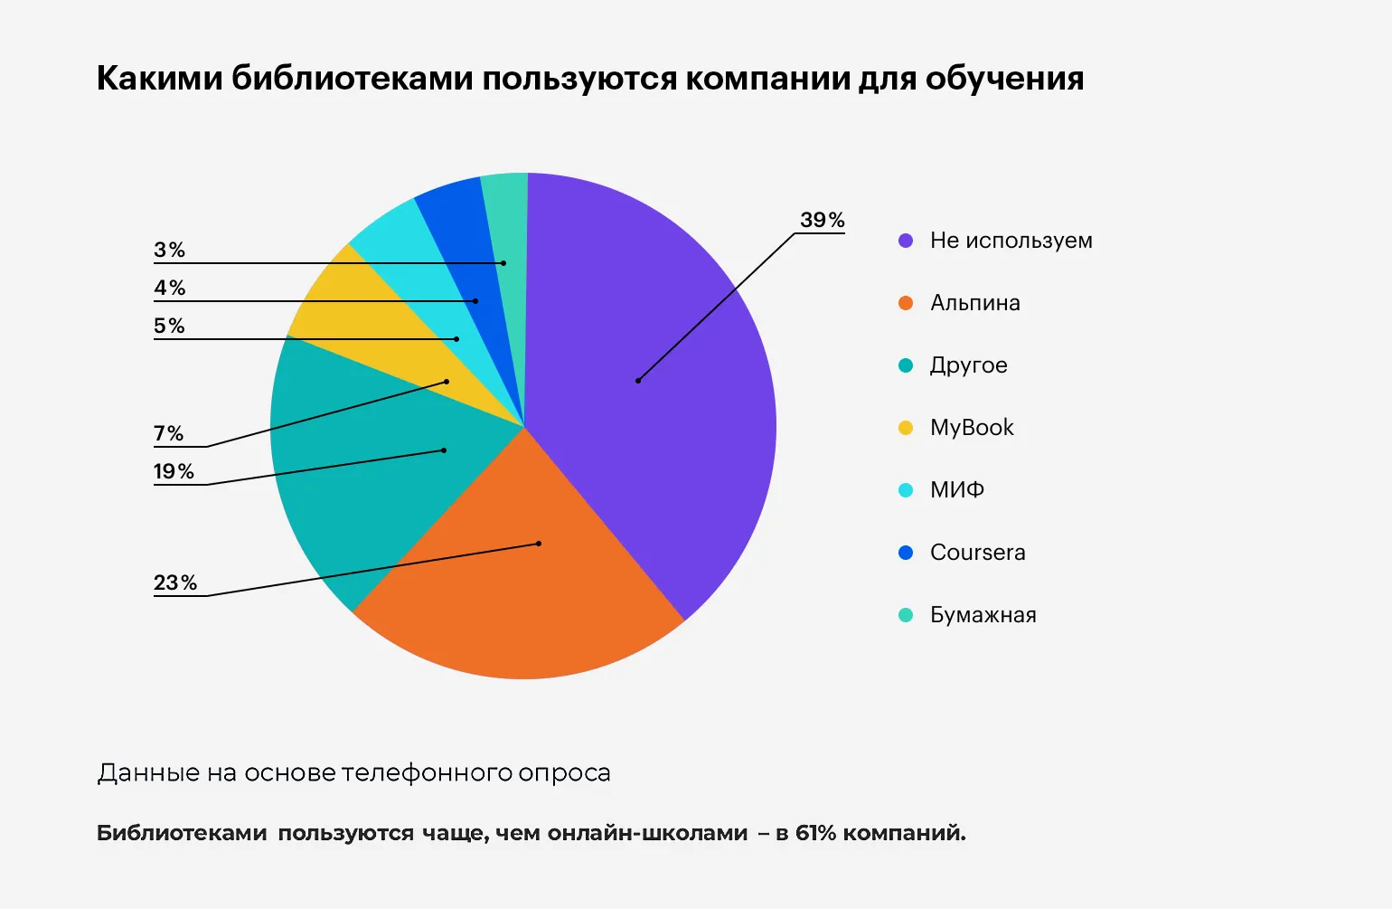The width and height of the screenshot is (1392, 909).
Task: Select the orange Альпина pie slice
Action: click(524, 579)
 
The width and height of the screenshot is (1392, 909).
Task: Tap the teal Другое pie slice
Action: click(362, 470)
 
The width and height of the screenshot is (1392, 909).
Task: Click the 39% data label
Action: click(822, 220)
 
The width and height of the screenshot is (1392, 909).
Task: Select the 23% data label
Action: click(174, 582)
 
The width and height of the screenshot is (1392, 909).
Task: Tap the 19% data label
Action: click(174, 471)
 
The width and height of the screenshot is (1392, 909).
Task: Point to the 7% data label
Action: click(168, 433)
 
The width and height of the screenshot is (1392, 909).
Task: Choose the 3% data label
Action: click(169, 250)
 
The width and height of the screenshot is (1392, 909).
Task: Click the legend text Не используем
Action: click(1011, 241)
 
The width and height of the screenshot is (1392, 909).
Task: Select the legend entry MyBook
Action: click(972, 428)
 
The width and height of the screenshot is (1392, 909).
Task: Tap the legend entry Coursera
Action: click(977, 553)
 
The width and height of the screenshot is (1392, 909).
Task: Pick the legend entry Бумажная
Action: click(983, 615)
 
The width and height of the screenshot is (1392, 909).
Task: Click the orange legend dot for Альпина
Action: click(906, 303)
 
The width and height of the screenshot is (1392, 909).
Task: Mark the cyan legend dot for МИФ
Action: click(906, 490)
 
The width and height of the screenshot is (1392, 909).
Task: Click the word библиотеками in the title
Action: click(352, 79)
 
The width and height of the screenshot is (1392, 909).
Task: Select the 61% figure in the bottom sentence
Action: click(815, 833)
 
